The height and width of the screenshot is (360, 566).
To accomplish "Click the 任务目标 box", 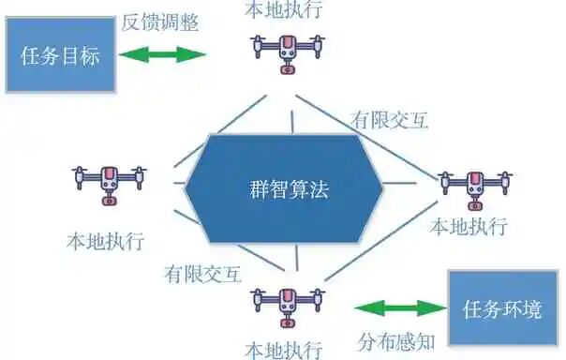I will click(59, 54).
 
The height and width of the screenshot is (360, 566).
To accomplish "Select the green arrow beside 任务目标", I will click(162, 54).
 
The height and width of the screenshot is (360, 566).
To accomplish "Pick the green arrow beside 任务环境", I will click(401, 307).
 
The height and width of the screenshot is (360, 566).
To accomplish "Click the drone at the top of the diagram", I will click(287, 52).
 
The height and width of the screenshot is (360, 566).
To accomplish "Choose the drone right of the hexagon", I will click(476, 187).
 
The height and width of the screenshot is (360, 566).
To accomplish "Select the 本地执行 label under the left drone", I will click(105, 240).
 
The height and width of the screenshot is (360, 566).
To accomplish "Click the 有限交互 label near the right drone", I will click(389, 119).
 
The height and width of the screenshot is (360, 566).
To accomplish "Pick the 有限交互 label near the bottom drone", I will click(202, 274).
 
